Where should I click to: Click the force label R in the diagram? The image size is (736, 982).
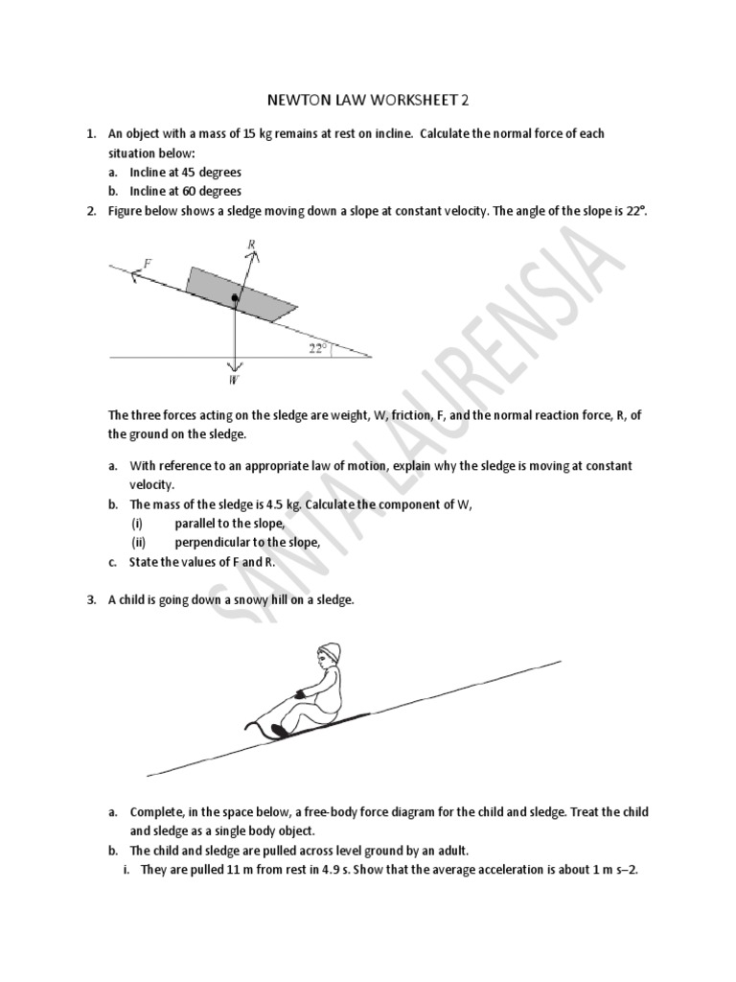coord(251,245)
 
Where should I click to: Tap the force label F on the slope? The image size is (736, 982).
coord(147,261)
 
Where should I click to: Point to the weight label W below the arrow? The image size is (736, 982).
coord(234,380)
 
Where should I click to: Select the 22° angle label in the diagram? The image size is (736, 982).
coord(318,348)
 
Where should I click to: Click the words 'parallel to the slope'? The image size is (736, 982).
coord(230,524)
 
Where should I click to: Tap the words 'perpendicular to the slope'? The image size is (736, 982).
coord(246,543)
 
